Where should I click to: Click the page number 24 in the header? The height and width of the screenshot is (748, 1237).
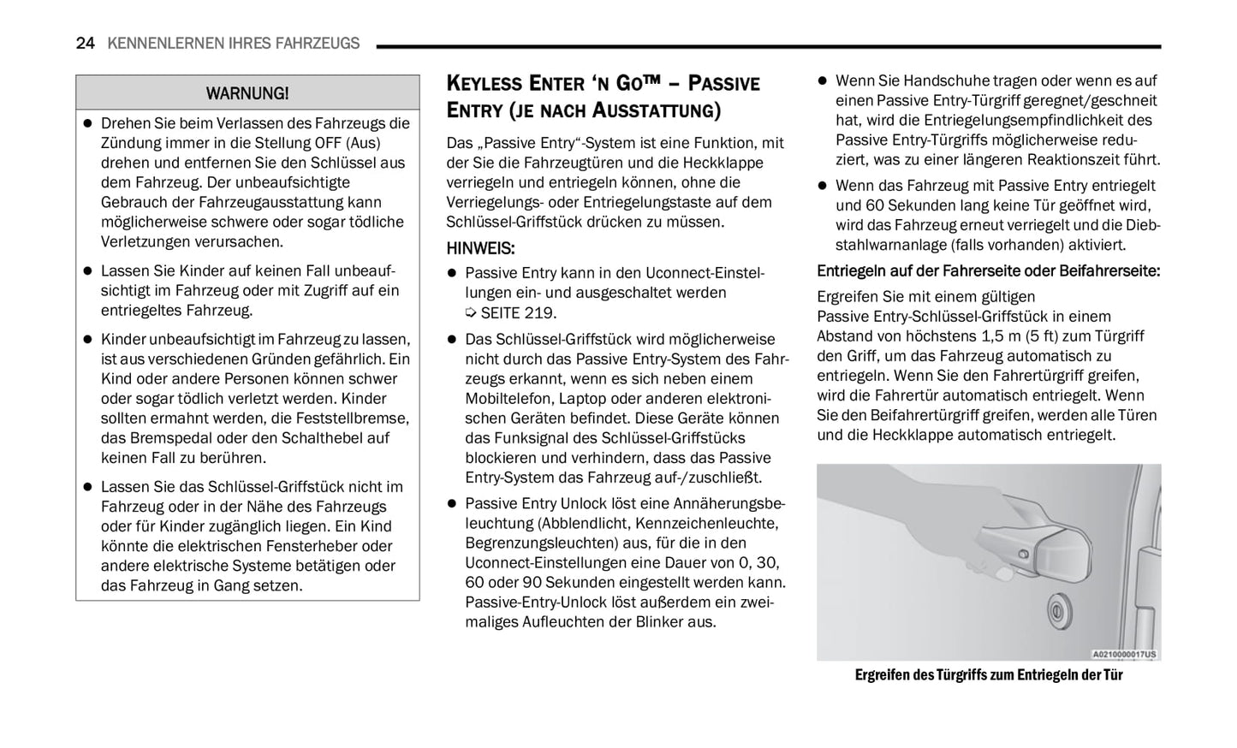[x=85, y=44]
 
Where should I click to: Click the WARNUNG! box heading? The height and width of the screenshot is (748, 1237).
[x=247, y=93]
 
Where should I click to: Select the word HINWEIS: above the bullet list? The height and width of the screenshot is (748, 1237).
[x=480, y=248]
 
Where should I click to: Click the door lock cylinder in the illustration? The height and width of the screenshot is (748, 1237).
[x=1060, y=612]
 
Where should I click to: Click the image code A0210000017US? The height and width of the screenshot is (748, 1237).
[x=1124, y=655]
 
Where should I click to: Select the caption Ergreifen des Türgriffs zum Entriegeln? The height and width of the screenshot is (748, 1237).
[x=988, y=675]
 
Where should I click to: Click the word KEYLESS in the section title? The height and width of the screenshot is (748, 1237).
[x=485, y=84]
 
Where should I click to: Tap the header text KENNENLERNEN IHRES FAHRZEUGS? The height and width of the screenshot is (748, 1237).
[x=234, y=44]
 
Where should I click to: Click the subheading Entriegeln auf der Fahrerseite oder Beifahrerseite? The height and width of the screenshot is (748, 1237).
[x=988, y=271]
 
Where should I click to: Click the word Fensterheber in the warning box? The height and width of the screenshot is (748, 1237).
[x=346, y=546]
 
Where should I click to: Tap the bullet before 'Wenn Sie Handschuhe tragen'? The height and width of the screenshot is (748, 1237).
[x=823, y=81]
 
